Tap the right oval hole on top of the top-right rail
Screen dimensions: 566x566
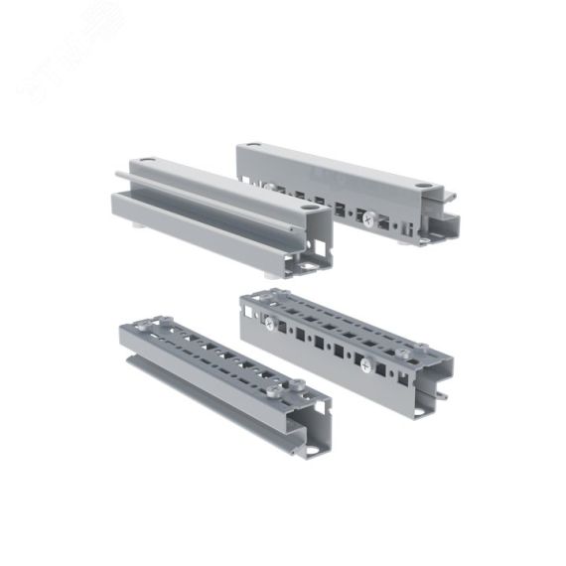[x=424, y=185]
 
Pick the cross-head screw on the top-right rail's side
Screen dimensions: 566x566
[x=369, y=218]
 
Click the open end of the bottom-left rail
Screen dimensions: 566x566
[x=308, y=422]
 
